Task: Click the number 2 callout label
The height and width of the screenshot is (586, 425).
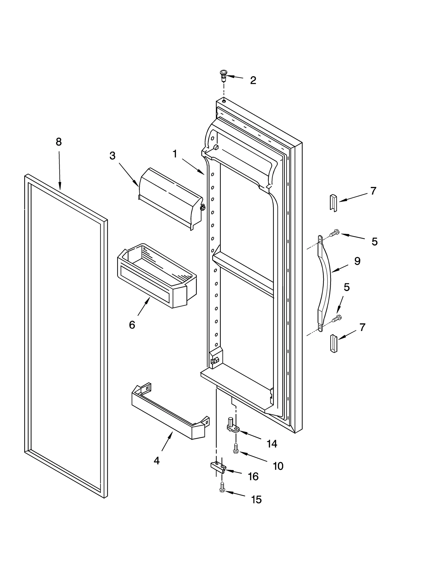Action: click(x=253, y=80)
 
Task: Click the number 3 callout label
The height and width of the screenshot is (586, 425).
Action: click(x=112, y=156)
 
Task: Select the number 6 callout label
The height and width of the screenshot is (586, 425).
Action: click(x=132, y=325)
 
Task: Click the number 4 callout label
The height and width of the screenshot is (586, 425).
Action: click(x=157, y=461)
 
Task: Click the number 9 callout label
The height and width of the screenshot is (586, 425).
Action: click(x=357, y=261)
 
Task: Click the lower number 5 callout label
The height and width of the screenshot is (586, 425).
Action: click(x=347, y=287)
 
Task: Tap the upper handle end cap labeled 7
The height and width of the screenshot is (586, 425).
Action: click(x=333, y=203)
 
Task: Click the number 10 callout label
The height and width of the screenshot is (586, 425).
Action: click(x=278, y=466)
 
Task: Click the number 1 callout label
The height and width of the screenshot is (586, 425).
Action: click(x=175, y=154)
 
